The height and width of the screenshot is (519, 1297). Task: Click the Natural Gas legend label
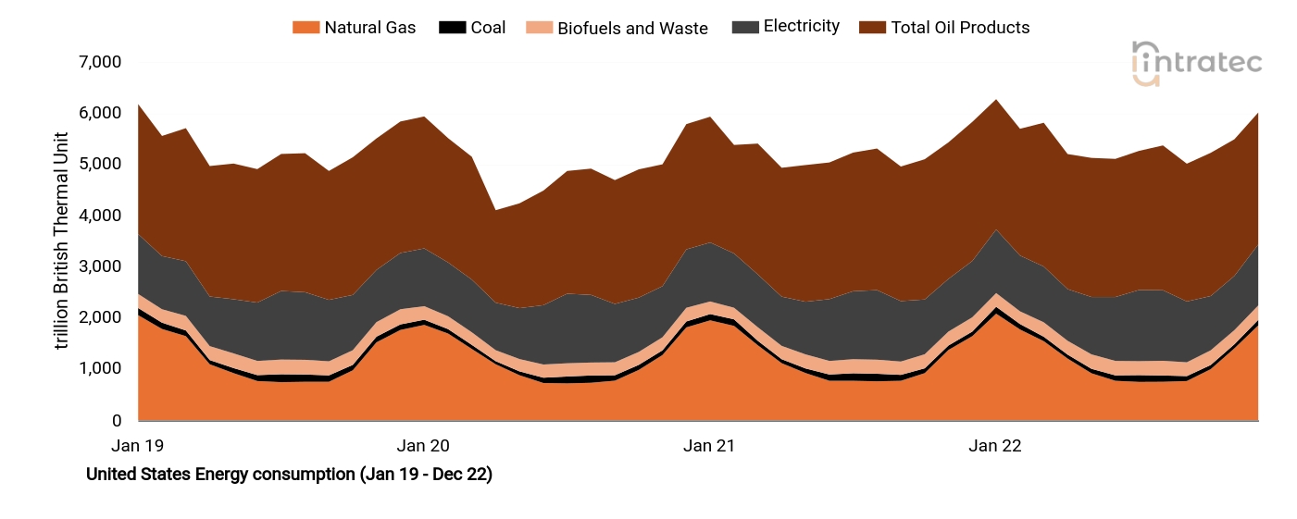pyautogui.click(x=369, y=28)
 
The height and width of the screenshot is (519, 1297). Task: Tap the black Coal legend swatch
pyautogui.click(x=452, y=28)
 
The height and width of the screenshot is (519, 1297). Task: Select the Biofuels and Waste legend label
pyautogui.click(x=632, y=28)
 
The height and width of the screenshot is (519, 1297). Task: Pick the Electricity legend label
pyautogui.click(x=801, y=27)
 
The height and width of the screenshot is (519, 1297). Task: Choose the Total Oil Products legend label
pyautogui.click(x=960, y=28)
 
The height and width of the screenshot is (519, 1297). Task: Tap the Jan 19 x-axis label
pyautogui.click(x=137, y=446)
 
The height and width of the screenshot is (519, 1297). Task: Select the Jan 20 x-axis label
pyautogui.click(x=423, y=446)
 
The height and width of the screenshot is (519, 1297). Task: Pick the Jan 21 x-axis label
pyautogui.click(x=709, y=446)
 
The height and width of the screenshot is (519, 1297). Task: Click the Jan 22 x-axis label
pyautogui.click(x=995, y=446)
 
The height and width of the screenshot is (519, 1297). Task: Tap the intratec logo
pyautogui.click(x=1197, y=63)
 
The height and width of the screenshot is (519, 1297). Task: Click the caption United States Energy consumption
pyautogui.click(x=289, y=475)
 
